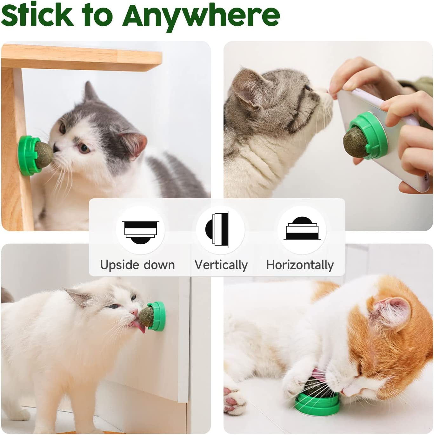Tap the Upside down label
pyautogui.click(x=137, y=265)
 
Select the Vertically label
pyautogui.click(x=221, y=265)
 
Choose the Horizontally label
pyautogui.click(x=300, y=265)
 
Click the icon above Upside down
pyautogui.click(x=140, y=230)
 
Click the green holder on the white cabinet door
pyautogui.click(x=159, y=316)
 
